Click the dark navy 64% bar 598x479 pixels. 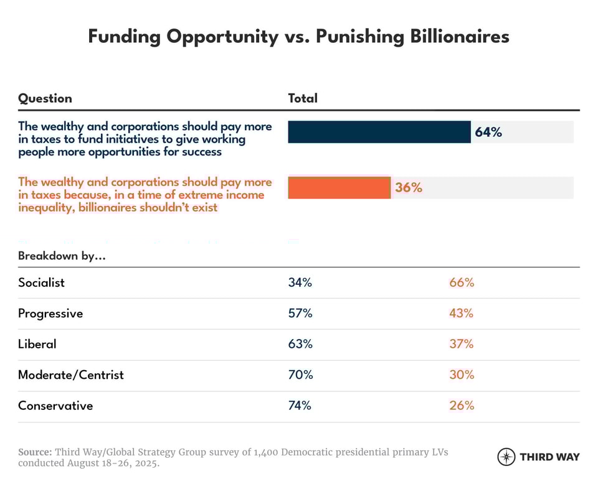point(379,132)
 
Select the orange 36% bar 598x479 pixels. point(339,187)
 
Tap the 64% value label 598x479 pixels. point(488,132)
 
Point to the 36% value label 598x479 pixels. point(409,187)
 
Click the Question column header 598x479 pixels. point(45,98)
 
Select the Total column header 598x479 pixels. point(303,98)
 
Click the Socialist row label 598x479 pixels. point(41,282)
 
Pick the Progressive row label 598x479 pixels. point(50,314)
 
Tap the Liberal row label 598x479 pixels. point(37,344)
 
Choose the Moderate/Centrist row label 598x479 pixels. point(71,375)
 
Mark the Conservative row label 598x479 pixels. point(55,406)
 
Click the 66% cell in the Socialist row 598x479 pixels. point(462,282)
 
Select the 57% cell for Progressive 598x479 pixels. point(300,314)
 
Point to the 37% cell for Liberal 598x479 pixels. point(462,344)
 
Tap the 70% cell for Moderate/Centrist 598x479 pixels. point(300,375)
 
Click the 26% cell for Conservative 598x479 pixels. point(462,406)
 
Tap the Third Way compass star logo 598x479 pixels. point(506,457)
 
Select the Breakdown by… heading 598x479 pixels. point(62,256)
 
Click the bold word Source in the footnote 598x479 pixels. point(35,452)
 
